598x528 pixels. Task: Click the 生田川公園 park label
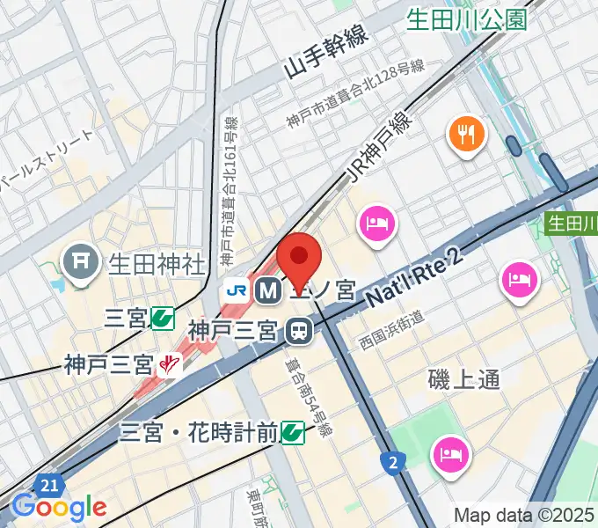pos(467,18)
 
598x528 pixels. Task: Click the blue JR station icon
pos(235,289)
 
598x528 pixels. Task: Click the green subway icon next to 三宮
pos(162,317)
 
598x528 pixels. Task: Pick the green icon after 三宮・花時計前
pos(293,432)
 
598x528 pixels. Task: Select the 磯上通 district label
pos(463,379)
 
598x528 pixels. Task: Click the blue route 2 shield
pos(391,460)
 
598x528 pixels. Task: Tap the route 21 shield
pos(49,485)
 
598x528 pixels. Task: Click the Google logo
pos(58,507)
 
